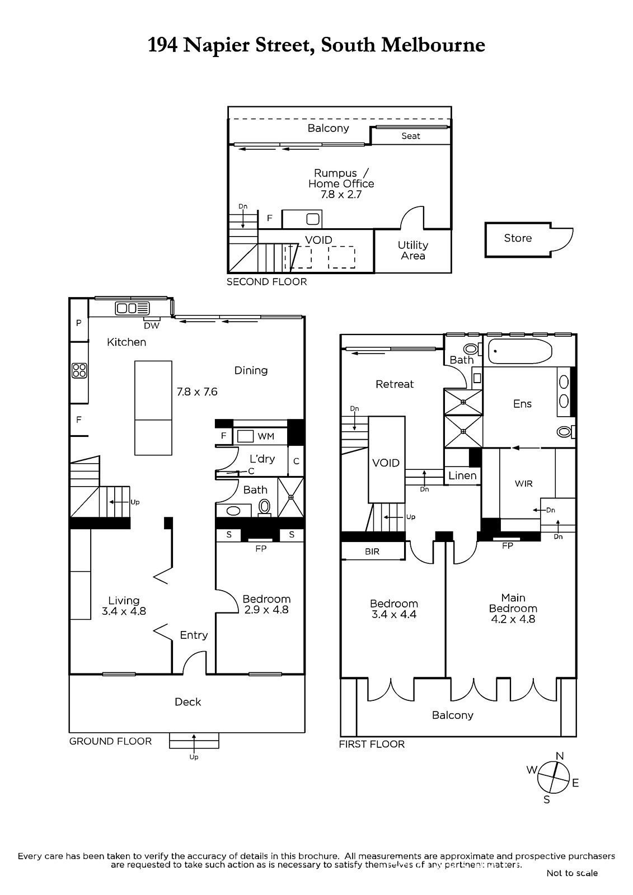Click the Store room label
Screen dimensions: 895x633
tap(517, 238)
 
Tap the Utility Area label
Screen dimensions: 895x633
tap(413, 250)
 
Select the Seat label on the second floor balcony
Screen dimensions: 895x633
tap(410, 136)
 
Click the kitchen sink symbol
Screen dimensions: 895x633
tap(133, 308)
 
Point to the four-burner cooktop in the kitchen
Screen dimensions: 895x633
tap(79, 370)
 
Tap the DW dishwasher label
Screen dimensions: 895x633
tap(151, 326)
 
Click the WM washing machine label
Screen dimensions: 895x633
tap(265, 436)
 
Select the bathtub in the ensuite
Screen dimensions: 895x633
tap(520, 351)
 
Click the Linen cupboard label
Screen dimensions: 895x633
tap(462, 475)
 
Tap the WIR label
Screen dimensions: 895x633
tap(523, 483)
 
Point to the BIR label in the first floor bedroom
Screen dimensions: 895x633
tap(372, 552)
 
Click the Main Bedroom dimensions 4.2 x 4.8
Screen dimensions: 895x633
tap(513, 619)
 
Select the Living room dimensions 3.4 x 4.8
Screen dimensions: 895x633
tap(124, 611)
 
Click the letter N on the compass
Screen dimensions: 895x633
tap(559, 756)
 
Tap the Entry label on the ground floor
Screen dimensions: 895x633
tap(194, 635)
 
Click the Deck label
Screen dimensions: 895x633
tap(187, 702)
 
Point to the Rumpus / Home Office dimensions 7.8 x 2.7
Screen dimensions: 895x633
tap(341, 195)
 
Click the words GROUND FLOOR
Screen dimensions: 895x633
tap(110, 741)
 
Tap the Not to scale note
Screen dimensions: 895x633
tap(571, 873)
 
